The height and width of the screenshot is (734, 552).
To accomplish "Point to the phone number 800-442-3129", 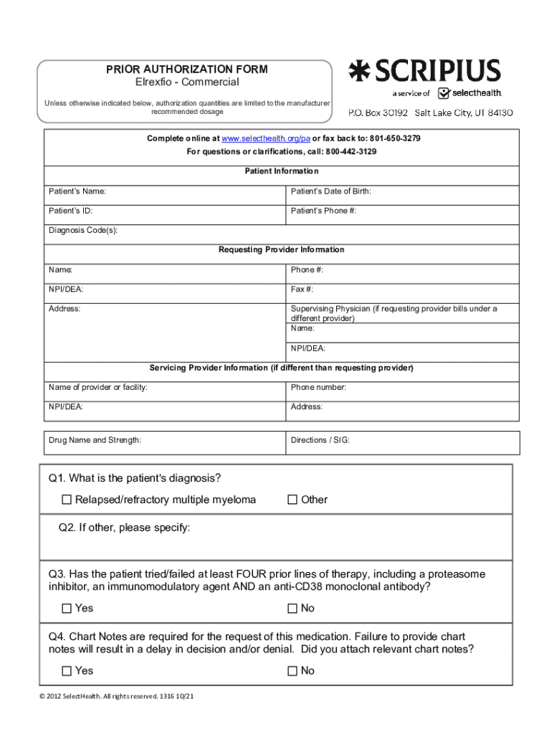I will pos(351,152).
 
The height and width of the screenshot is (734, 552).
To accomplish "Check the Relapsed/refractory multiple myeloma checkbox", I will pos(67,500).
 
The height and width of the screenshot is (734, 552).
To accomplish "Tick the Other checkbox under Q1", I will pos(292,500).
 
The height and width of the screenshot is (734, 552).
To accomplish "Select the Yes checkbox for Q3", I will pos(67,609).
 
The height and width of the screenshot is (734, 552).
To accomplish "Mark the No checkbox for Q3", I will pos(292,609).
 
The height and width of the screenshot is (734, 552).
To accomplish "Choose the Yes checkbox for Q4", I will pos(67,671).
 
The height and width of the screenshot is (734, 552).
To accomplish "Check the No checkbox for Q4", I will pos(292,671).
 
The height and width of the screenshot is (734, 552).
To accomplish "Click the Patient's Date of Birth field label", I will pos(331,191).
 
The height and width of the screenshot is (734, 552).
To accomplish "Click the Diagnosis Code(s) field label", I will pos(83,230).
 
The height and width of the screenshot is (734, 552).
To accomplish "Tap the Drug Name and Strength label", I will pos(95,440).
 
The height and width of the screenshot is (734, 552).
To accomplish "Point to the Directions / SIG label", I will pos(320,440).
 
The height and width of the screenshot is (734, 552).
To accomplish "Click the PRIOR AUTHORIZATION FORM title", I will pos(187,70).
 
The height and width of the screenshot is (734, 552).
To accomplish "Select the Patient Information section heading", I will pos(282,171).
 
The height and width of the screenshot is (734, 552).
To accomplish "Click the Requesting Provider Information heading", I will pos(281,249).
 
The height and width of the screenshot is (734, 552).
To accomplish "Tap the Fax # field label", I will pos(302,290).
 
